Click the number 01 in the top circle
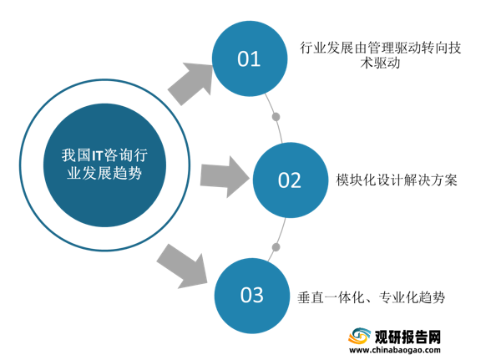click(x=249, y=58)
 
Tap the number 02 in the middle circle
click(x=290, y=180)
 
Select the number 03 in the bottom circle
click(x=252, y=295)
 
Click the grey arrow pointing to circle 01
click(x=190, y=84)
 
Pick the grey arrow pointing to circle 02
click(x=225, y=177)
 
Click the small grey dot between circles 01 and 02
click(x=276, y=117)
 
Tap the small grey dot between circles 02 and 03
click(x=276, y=247)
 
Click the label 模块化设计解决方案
click(x=397, y=180)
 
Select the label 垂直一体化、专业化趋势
click(x=372, y=297)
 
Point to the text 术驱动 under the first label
click(x=380, y=63)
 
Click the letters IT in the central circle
click(x=98, y=155)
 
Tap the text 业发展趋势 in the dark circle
click(x=104, y=173)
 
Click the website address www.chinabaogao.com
click(x=395, y=350)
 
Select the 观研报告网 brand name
click(x=407, y=337)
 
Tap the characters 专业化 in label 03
click(x=398, y=297)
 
